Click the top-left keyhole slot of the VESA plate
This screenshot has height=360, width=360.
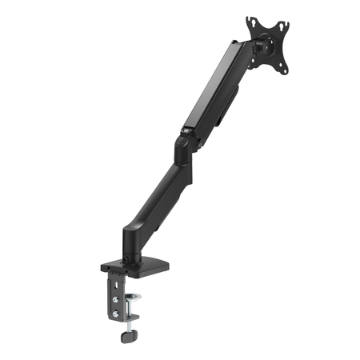250,22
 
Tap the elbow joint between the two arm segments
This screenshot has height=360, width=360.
183,149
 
